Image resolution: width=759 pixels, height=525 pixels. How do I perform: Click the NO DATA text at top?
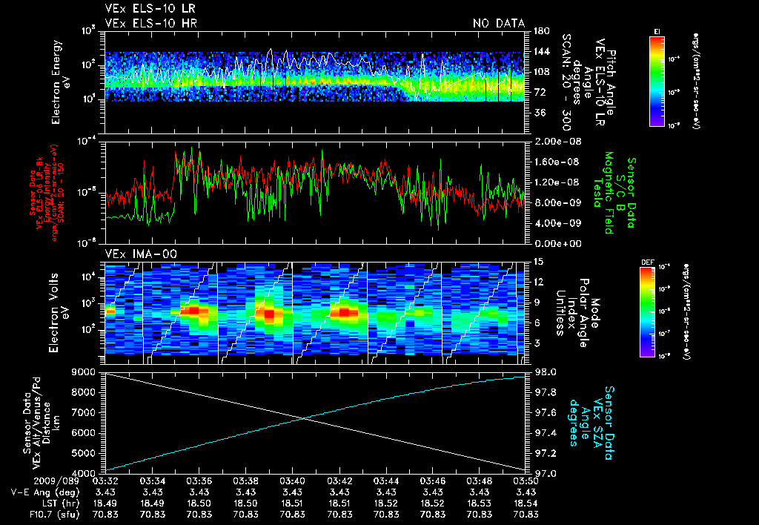(x=499, y=24)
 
